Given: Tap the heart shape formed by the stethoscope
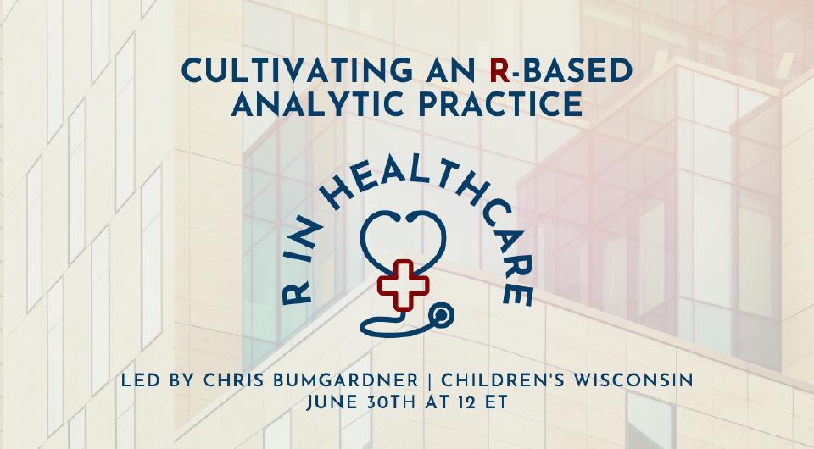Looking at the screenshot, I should pos(405,236).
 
